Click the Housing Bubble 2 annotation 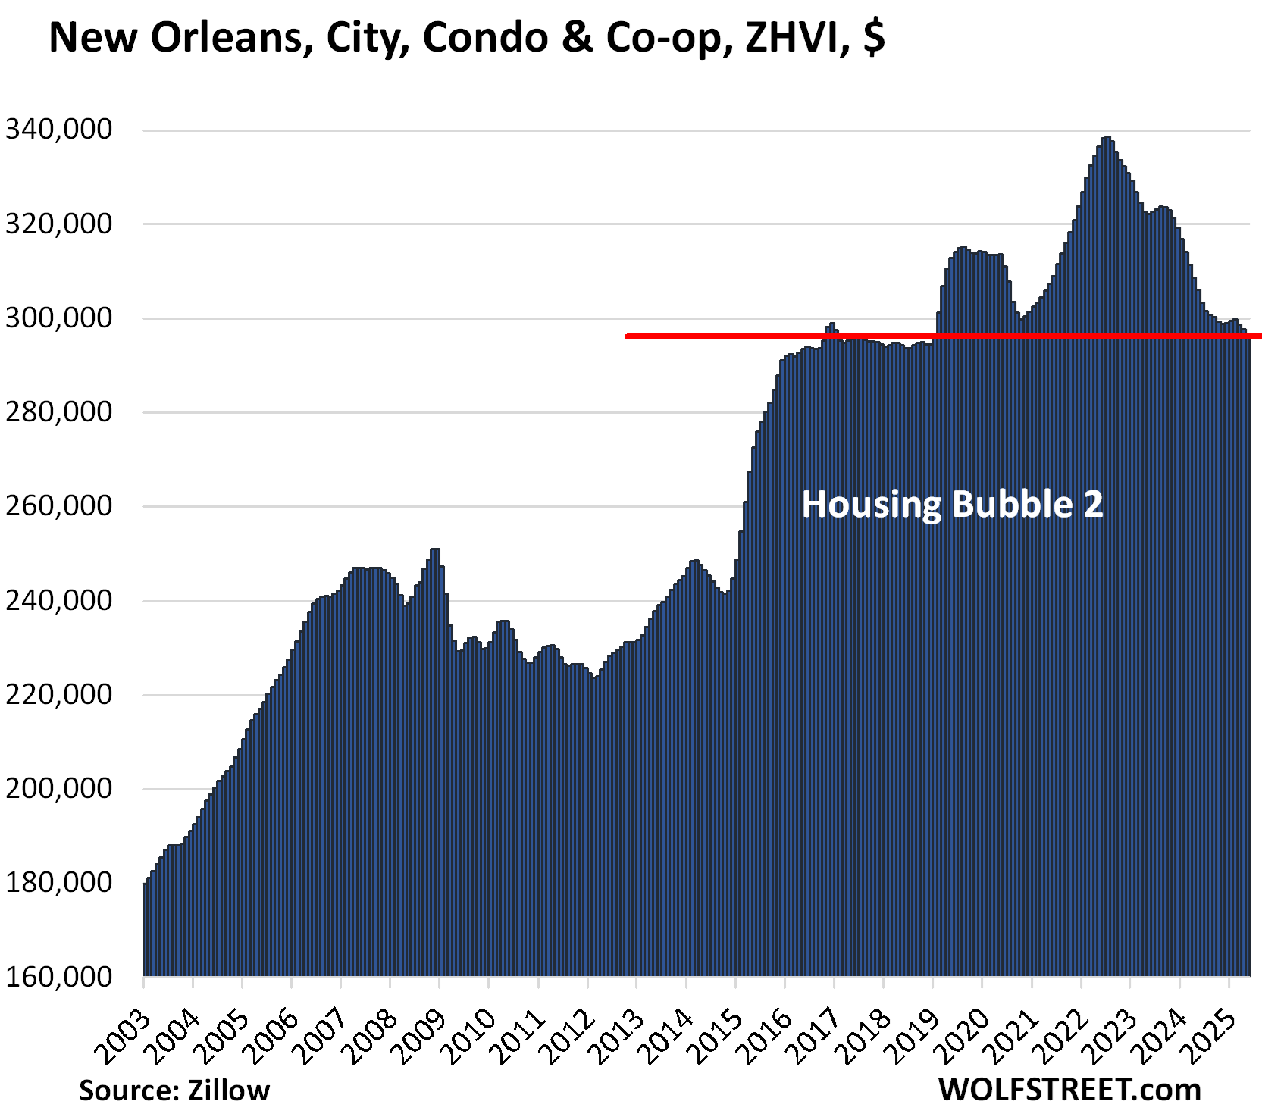pos(952,505)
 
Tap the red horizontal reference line pos(758,336)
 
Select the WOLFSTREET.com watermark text pos(1069,1090)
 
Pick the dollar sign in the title pos(873,38)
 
